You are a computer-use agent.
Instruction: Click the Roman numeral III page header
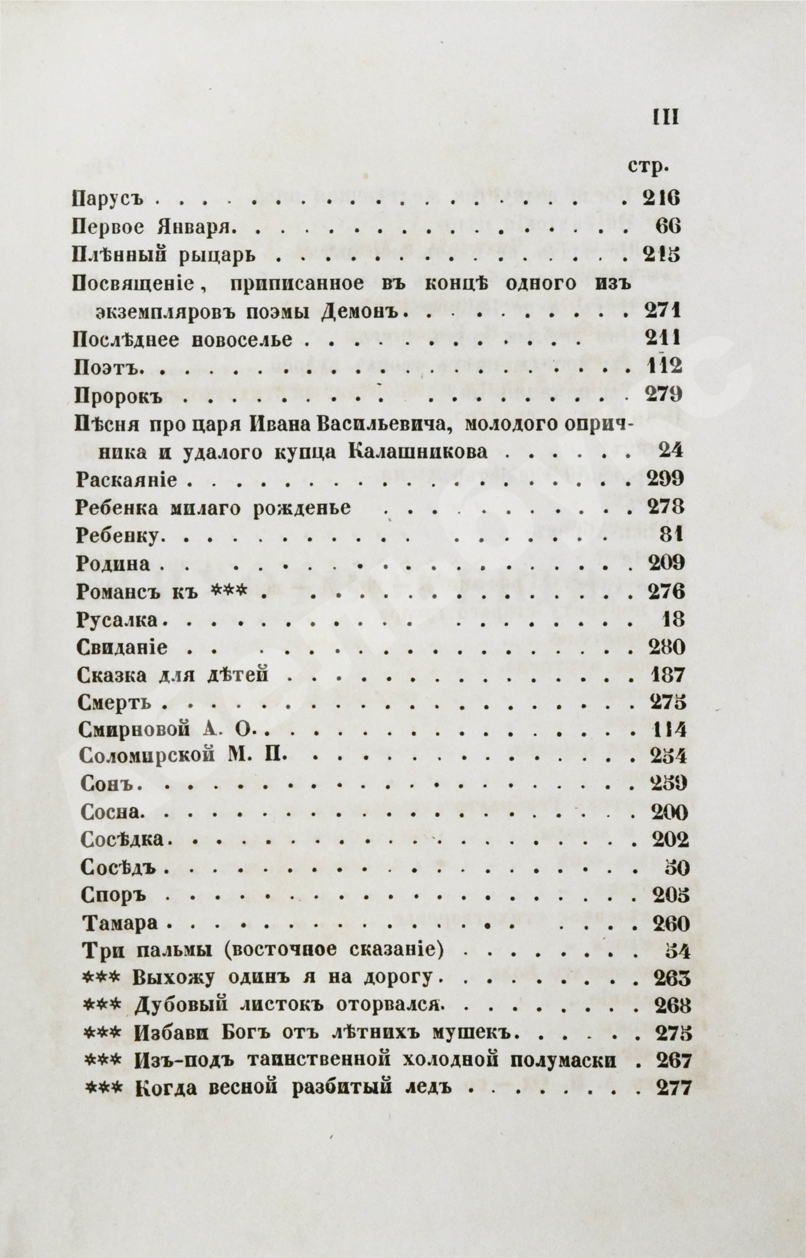click(666, 118)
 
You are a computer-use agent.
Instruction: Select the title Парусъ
click(107, 199)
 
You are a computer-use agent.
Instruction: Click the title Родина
click(113, 564)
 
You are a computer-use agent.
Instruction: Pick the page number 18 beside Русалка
click(674, 620)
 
